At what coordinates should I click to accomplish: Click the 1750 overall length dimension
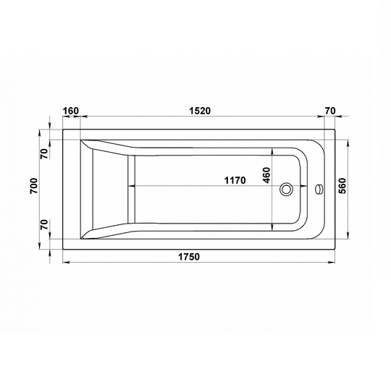pyautogui.click(x=189, y=256)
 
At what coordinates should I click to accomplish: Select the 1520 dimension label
pyautogui.click(x=200, y=111)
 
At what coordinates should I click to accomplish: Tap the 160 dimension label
pyautogui.click(x=70, y=111)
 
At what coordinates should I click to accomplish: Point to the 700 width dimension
pyautogui.click(x=34, y=186)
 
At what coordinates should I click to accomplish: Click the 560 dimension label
pyautogui.click(x=342, y=186)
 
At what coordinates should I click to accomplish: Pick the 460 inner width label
pyautogui.click(x=266, y=175)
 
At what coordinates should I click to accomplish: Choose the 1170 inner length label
pyautogui.click(x=235, y=180)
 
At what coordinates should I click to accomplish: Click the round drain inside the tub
pyautogui.click(x=286, y=189)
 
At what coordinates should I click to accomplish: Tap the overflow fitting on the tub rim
pyautogui.click(x=319, y=189)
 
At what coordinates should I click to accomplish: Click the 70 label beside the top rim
pyautogui.click(x=44, y=153)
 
